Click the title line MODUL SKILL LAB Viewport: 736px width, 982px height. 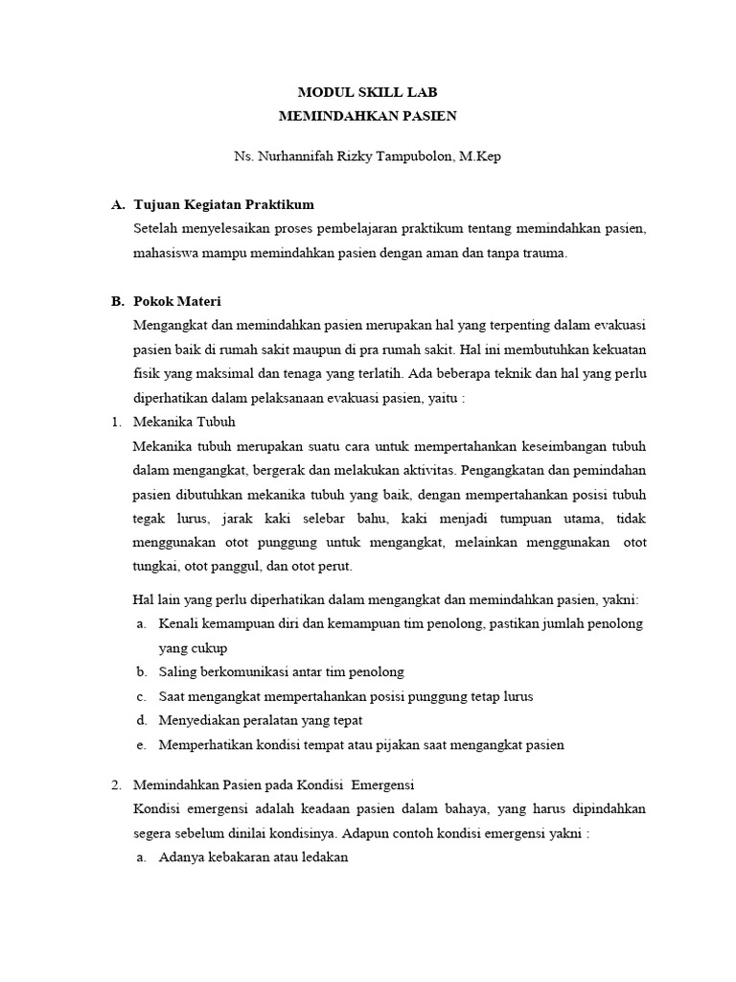click(368, 93)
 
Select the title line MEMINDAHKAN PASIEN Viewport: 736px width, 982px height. click(368, 116)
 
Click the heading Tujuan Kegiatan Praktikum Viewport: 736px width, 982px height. click(224, 205)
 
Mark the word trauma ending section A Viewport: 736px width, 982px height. click(545, 253)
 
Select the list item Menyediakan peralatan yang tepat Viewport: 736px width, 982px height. click(261, 720)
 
